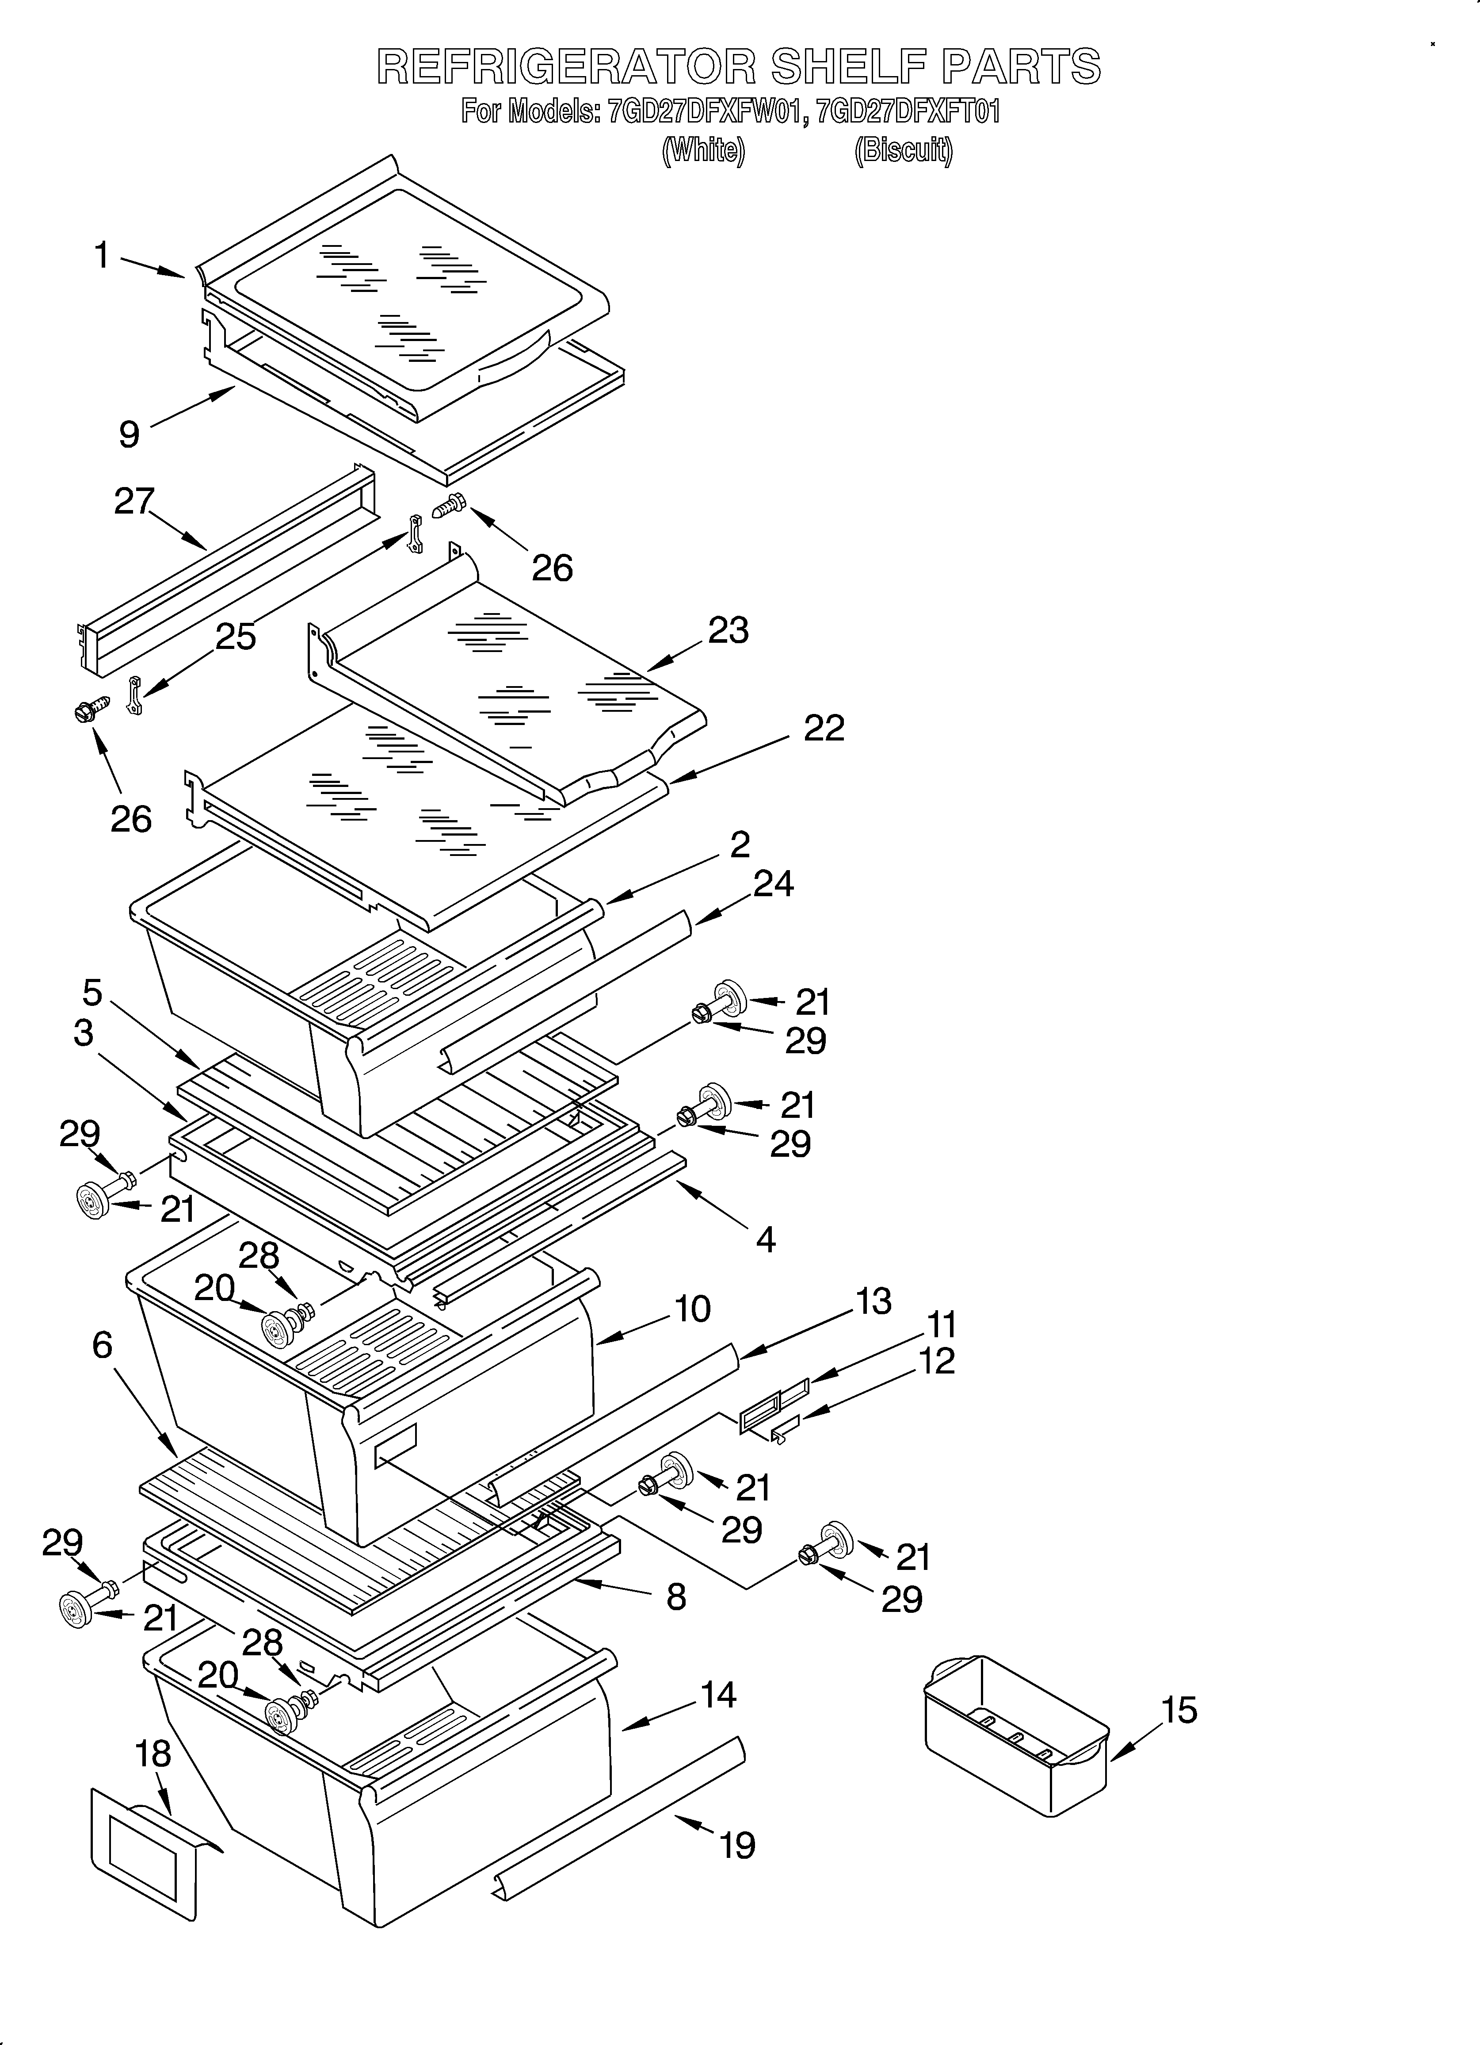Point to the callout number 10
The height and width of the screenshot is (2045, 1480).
692,1308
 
